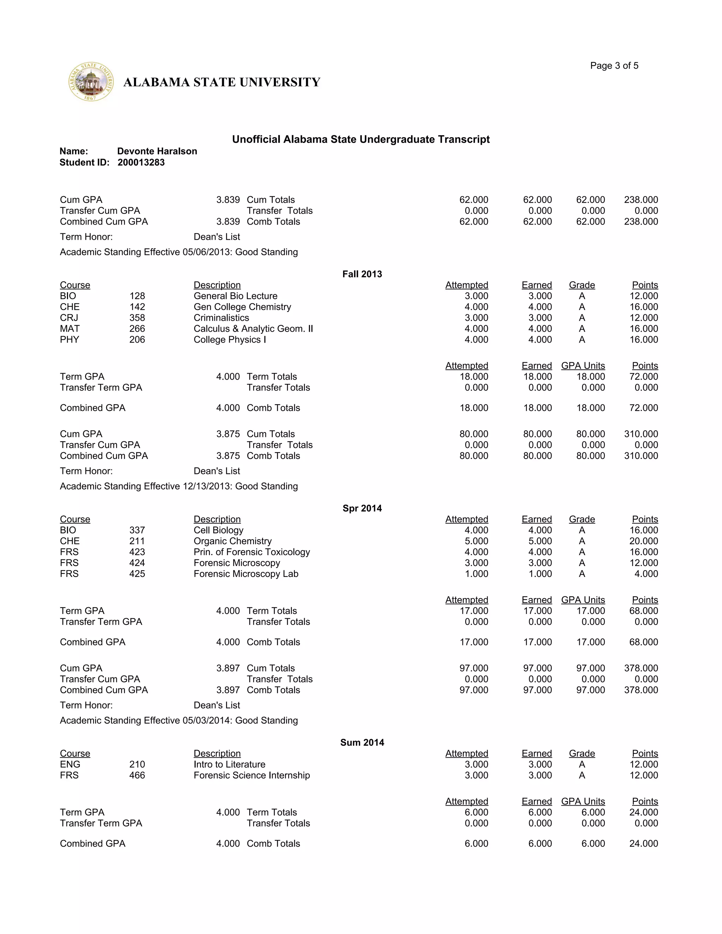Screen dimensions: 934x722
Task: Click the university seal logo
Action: [91, 82]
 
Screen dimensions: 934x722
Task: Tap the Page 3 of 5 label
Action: [614, 66]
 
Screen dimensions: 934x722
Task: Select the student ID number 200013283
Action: [141, 162]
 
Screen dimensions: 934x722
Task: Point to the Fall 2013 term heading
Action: [362, 274]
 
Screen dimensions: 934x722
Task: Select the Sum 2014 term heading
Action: [362, 742]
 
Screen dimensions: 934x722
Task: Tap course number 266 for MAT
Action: [137, 328]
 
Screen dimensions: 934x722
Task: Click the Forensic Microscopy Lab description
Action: [246, 574]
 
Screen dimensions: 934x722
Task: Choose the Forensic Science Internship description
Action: [251, 775]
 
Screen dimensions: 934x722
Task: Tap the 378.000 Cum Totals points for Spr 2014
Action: [641, 668]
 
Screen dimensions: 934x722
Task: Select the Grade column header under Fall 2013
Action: [582, 285]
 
